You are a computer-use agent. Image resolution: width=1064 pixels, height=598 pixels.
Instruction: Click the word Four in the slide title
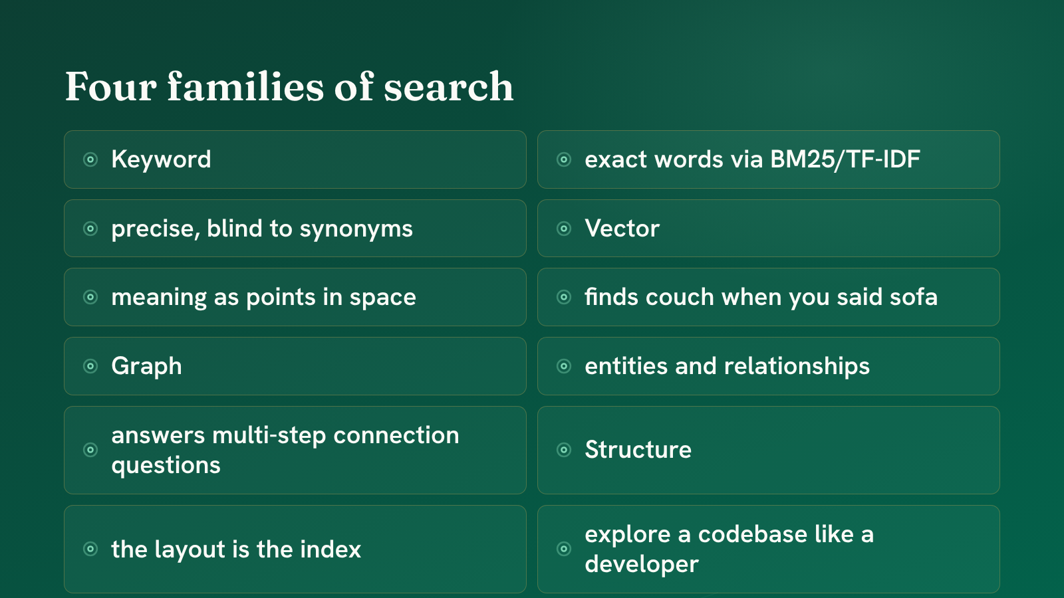point(110,86)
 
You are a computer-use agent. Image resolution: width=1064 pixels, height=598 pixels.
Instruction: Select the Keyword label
point(161,159)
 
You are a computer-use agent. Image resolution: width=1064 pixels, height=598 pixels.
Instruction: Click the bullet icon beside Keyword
point(90,159)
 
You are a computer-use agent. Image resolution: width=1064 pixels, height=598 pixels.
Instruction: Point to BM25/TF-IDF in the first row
point(845,159)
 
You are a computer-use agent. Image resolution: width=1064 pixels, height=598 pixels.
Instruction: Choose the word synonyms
point(356,230)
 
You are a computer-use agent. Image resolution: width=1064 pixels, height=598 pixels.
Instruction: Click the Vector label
point(622,229)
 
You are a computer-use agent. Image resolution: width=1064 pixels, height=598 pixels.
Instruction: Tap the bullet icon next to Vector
point(564,229)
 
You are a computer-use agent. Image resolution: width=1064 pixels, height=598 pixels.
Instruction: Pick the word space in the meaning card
point(383,298)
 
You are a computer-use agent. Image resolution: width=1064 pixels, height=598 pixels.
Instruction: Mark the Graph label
point(146,367)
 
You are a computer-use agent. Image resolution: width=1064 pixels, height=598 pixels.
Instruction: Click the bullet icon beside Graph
point(90,366)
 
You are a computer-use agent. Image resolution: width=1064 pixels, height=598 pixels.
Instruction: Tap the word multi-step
point(269,436)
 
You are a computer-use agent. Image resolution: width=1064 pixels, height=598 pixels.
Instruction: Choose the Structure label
point(638,449)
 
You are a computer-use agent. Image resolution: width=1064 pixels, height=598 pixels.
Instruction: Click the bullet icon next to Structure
point(564,449)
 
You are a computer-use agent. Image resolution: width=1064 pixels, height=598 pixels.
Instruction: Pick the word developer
point(642,565)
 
